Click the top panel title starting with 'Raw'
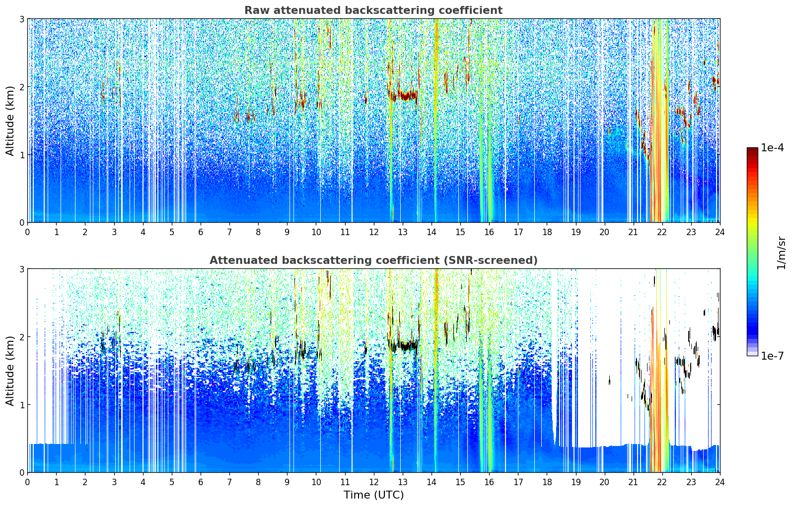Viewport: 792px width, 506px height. [373, 10]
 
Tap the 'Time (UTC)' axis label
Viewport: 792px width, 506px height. [373, 495]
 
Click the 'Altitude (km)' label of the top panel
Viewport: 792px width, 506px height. [10, 121]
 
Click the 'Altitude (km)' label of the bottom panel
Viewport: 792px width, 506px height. [10, 371]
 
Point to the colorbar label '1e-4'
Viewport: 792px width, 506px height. [772, 148]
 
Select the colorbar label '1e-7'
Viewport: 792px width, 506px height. [772, 356]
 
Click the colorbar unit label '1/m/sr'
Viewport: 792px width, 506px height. [781, 253]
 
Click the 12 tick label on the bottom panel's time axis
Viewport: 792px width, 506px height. [373, 482]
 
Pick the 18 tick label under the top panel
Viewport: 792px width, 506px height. [547, 232]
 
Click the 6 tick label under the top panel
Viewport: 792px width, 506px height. [201, 232]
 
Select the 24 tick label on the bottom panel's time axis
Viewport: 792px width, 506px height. [720, 482]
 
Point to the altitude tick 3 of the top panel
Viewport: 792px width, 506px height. [22, 19]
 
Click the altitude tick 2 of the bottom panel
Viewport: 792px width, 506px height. [22, 337]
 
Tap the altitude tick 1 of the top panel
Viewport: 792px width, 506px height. [22, 155]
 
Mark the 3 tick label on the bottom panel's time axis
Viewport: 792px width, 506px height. [114, 482]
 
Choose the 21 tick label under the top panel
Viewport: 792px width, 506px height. [633, 232]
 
